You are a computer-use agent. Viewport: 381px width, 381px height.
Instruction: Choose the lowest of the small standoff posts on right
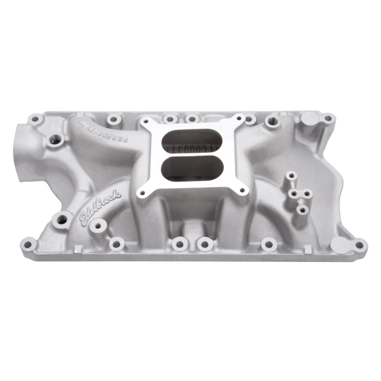pos(301,209)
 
